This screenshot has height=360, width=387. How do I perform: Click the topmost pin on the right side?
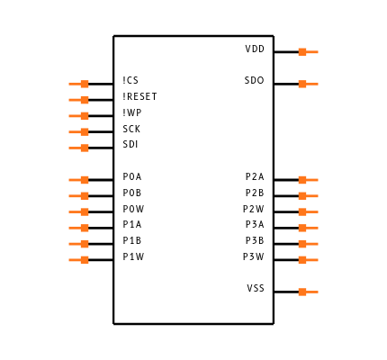coord(307,52)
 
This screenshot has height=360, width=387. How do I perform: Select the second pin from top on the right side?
coord(307,84)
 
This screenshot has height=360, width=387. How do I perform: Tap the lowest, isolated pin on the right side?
coord(307,292)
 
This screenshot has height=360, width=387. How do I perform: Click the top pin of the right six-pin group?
coord(307,180)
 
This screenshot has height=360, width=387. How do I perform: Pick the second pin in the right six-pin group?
coord(307,195)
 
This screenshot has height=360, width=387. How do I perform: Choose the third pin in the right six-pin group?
coord(307,211)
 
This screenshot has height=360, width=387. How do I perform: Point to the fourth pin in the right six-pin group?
coord(307,228)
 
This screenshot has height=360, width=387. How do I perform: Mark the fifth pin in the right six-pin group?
coord(307,244)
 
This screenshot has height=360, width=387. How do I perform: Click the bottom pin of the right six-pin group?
coord(307,260)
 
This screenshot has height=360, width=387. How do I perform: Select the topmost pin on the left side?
coord(80,84)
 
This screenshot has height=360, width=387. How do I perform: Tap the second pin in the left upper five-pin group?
coord(80,100)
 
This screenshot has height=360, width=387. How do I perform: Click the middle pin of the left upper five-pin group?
coord(80,116)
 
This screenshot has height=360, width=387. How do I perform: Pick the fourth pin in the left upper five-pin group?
coord(80,132)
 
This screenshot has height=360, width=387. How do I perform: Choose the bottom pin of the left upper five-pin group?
coord(80,148)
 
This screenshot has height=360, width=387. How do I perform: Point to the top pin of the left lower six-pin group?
coord(80,180)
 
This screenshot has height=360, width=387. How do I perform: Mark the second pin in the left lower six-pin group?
coord(80,195)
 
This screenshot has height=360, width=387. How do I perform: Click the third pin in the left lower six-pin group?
coord(80,211)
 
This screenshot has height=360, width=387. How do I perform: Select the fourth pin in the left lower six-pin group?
coord(80,228)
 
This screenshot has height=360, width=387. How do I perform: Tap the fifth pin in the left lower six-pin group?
coord(80,244)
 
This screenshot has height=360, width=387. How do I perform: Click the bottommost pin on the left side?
coord(80,260)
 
